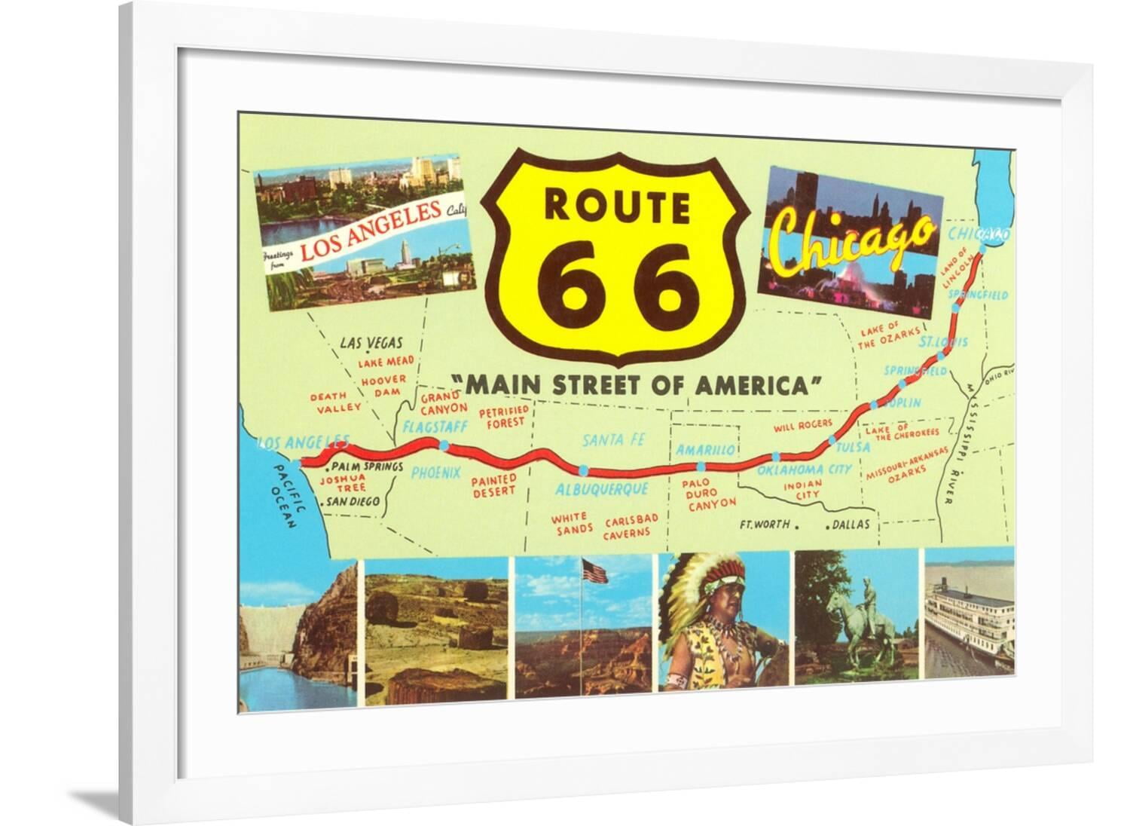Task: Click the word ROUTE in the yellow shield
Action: pyautogui.click(x=616, y=205)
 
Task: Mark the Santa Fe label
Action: pyautogui.click(x=615, y=439)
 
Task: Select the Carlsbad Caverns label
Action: pyautogui.click(x=631, y=526)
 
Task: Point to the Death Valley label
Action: pyautogui.click(x=334, y=401)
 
